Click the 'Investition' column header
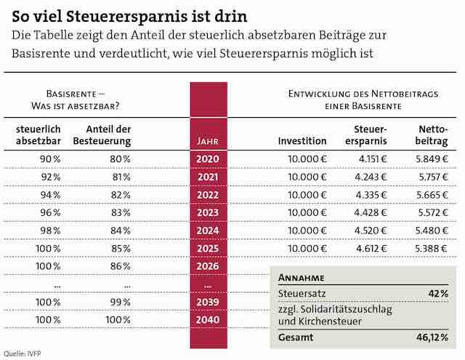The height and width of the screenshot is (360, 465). point(302,140)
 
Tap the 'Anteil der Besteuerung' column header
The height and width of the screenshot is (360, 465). point(103,135)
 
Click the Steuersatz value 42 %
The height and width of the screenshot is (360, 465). point(438,292)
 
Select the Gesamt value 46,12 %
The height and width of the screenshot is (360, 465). point(432,338)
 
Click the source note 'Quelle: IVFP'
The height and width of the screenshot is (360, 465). point(21,354)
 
